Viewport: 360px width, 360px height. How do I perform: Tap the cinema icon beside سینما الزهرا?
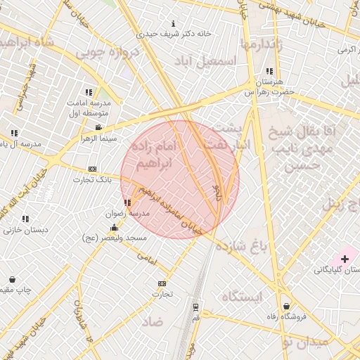click(x=98, y=127)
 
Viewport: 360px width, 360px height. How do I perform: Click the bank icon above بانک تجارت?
click(x=92, y=169)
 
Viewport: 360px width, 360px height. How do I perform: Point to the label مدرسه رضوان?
click(x=127, y=212)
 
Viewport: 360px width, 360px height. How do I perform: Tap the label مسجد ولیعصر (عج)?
click(x=114, y=238)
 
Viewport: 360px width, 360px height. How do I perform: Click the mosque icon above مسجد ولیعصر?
click(x=114, y=228)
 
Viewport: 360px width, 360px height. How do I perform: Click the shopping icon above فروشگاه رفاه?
click(x=286, y=307)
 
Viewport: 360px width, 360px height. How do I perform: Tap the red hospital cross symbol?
click(x=345, y=259)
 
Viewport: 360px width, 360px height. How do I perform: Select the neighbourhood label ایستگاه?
click(x=242, y=297)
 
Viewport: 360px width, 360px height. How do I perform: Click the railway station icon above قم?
click(x=195, y=307)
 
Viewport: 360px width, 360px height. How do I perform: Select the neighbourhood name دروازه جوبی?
click(x=103, y=52)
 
